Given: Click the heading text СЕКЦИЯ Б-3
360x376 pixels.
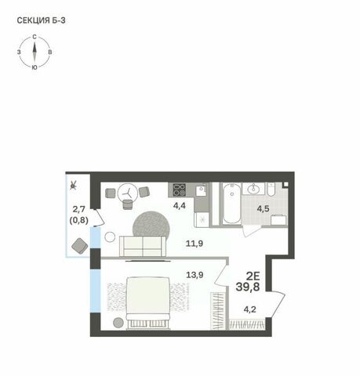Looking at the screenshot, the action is click(41, 20).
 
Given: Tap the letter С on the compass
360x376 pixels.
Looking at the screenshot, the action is click(35, 37).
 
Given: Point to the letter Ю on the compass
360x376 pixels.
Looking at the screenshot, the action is click(34, 67).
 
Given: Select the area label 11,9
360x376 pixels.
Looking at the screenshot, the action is click(195, 244).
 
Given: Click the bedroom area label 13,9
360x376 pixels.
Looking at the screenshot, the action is click(195, 275).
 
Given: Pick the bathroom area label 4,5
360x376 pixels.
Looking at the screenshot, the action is click(263, 209).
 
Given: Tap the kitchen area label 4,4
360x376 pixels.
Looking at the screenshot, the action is click(180, 206).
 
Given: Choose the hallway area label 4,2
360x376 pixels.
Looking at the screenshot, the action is click(249, 309).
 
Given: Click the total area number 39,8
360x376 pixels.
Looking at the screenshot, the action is click(248, 287).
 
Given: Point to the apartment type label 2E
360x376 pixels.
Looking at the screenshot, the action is click(253, 276).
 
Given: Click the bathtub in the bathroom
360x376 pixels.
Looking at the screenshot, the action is click(231, 204).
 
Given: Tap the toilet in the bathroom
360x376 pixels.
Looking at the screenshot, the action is click(271, 190).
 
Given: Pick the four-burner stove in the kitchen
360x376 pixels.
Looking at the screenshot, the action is click(180, 190).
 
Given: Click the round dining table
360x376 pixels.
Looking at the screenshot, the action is click(128, 193).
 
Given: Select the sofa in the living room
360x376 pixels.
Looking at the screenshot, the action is click(143, 246).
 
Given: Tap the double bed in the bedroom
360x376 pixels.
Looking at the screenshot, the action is click(148, 303).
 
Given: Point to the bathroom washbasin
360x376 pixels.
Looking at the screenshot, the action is click(253, 189).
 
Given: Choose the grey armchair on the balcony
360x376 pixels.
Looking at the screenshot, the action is click(80, 246).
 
